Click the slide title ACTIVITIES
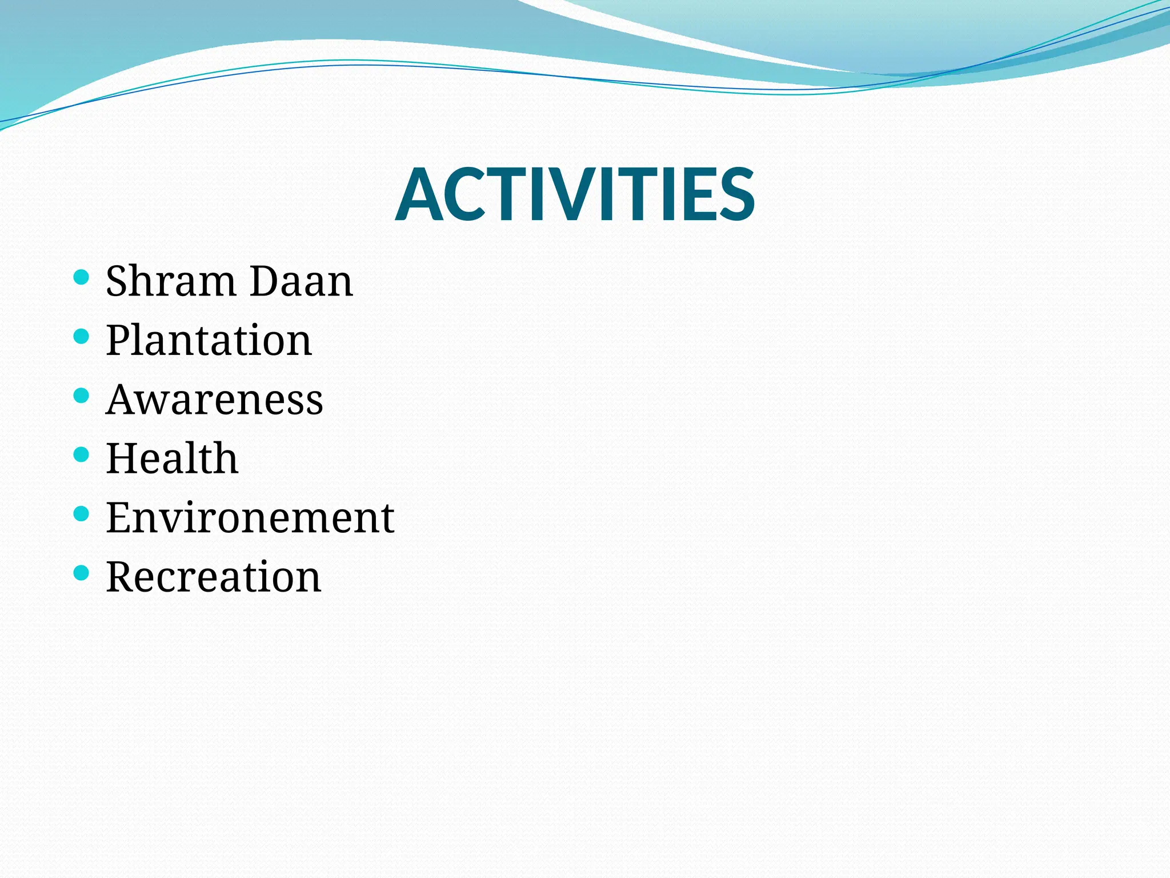point(575,194)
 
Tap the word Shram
point(171,281)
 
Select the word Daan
point(302,281)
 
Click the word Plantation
point(209,341)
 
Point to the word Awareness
point(214,400)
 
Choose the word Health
point(171,458)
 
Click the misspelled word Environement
point(250,518)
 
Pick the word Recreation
point(213,577)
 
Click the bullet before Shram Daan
point(82,278)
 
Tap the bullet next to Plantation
point(82,336)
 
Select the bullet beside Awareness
point(82,396)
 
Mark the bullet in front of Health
point(82,454)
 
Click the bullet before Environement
point(82,513)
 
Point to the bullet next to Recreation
point(82,572)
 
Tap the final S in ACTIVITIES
point(736,194)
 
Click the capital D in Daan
point(266,281)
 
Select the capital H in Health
point(123,458)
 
